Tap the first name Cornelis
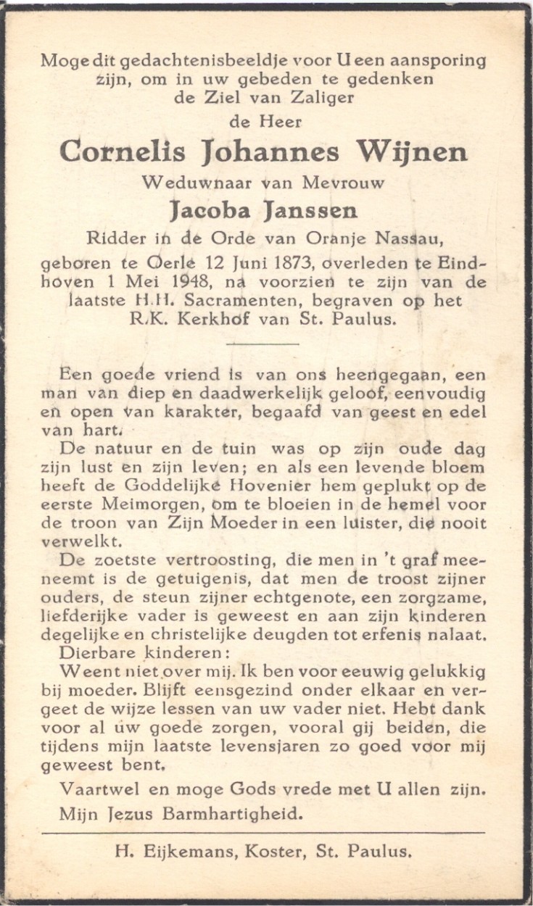click(x=123, y=152)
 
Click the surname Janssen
click(x=316, y=211)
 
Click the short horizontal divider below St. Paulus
click(x=267, y=344)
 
